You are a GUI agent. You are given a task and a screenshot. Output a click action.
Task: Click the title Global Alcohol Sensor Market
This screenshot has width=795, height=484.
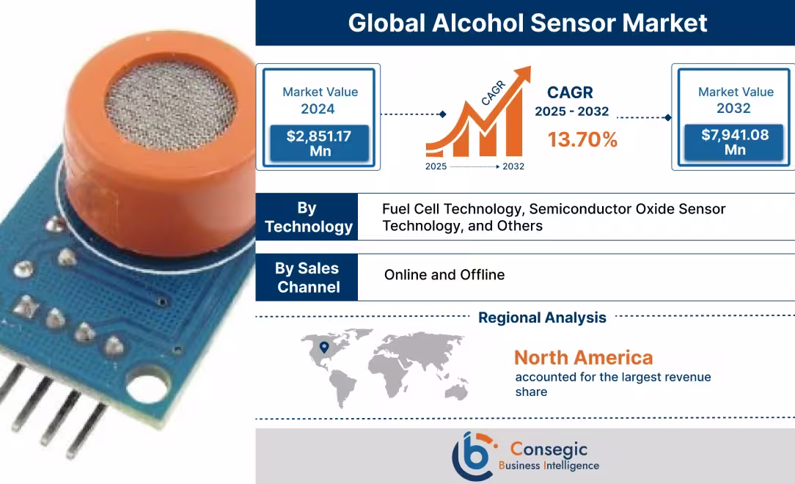click(527, 23)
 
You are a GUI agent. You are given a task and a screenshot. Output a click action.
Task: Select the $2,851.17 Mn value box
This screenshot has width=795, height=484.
click(320, 144)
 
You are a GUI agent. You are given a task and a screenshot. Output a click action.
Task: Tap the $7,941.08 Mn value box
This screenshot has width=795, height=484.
click(735, 142)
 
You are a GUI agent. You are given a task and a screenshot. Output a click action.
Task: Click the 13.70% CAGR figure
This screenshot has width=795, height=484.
click(582, 139)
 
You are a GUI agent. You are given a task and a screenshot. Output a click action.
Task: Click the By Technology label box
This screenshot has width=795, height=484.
click(308, 217)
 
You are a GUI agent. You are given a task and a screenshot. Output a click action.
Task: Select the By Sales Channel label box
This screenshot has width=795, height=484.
click(308, 277)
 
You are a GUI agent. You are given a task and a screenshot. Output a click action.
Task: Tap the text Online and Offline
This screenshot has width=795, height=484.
click(444, 275)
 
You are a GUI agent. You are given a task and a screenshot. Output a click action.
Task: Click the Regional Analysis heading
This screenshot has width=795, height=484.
click(542, 318)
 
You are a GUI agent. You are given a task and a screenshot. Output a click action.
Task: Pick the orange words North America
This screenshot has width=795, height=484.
click(583, 358)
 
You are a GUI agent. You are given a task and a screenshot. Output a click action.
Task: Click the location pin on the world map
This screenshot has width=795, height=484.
click(323, 348)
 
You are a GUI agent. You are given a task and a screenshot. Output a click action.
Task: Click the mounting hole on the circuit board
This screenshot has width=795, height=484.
click(146, 381)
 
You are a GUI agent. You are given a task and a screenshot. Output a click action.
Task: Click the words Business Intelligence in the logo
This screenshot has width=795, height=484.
click(549, 466)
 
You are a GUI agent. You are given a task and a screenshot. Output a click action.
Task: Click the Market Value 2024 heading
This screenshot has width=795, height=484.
click(320, 100)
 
